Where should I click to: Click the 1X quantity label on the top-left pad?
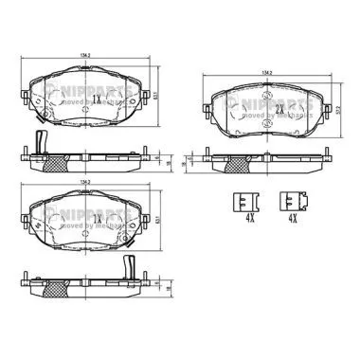98,98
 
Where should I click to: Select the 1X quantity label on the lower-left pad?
98,218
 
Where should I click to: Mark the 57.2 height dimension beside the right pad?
350,107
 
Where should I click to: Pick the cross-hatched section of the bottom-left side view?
56,287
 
